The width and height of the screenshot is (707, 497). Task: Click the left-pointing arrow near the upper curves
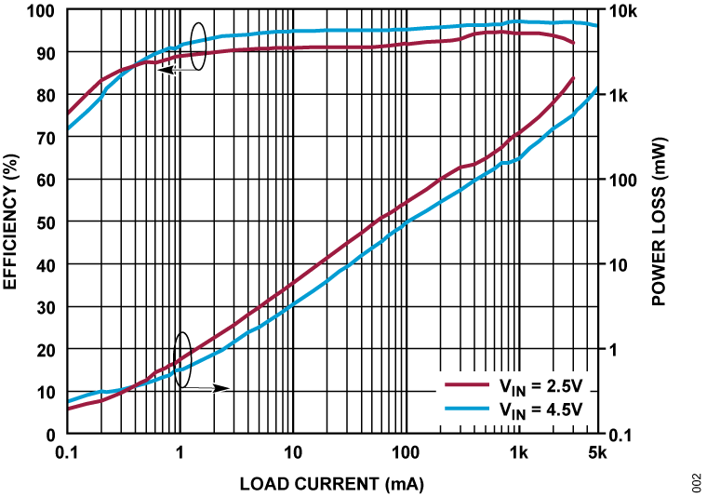point(178,70)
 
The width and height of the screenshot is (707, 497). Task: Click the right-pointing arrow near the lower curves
point(207,388)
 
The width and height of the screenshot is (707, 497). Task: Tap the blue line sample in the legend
point(467,409)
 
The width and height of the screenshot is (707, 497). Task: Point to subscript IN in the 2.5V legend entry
point(517,390)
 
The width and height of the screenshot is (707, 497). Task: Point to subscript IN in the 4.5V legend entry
point(517,413)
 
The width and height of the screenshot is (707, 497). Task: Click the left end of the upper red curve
point(70,113)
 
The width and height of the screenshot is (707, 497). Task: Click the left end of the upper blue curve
point(70,128)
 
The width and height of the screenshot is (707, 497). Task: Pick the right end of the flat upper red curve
point(574,43)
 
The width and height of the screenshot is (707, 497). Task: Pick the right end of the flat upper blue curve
point(595,25)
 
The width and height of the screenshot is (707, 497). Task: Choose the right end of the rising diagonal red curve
point(574,77)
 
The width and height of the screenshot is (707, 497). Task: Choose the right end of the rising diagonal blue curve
point(595,88)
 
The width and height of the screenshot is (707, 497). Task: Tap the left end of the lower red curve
point(70,408)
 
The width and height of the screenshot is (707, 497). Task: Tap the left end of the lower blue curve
point(70,402)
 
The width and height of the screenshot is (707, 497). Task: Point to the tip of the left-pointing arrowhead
point(157,70)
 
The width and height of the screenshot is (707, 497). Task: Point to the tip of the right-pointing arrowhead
point(229,388)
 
